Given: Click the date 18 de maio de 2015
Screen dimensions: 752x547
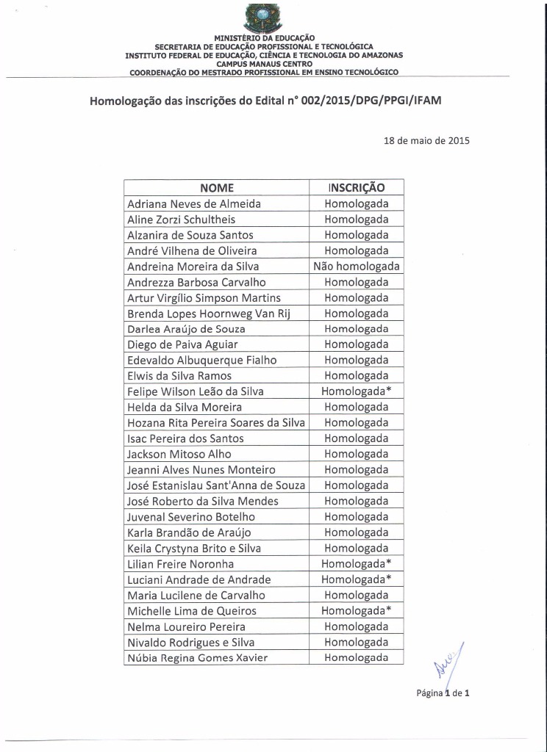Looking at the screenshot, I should pyautogui.click(x=426, y=140).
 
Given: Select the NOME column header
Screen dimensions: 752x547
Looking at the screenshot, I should pyautogui.click(x=216, y=188).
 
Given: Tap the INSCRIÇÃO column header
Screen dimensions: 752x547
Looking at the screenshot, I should pyautogui.click(x=356, y=188).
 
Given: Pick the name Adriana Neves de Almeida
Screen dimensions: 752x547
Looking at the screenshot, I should pyautogui.click(x=194, y=204).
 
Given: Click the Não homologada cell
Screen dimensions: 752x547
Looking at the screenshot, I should pyautogui.click(x=356, y=267).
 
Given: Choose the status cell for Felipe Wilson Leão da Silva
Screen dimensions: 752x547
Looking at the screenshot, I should pyautogui.click(x=356, y=391).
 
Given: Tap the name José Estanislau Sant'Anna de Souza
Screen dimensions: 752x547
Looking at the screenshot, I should pyautogui.click(x=216, y=485).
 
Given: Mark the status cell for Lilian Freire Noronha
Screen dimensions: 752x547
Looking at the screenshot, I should pyautogui.click(x=356, y=564).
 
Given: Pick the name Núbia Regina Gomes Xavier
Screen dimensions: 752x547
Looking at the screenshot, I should pyautogui.click(x=197, y=658).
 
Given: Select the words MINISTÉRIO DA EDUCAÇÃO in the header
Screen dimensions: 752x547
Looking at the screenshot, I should pyautogui.click(x=264, y=37).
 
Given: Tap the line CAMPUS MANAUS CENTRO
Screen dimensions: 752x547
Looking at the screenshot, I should pyautogui.click(x=264, y=64).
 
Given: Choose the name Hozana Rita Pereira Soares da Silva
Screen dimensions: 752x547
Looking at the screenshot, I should pyautogui.click(x=216, y=423).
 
